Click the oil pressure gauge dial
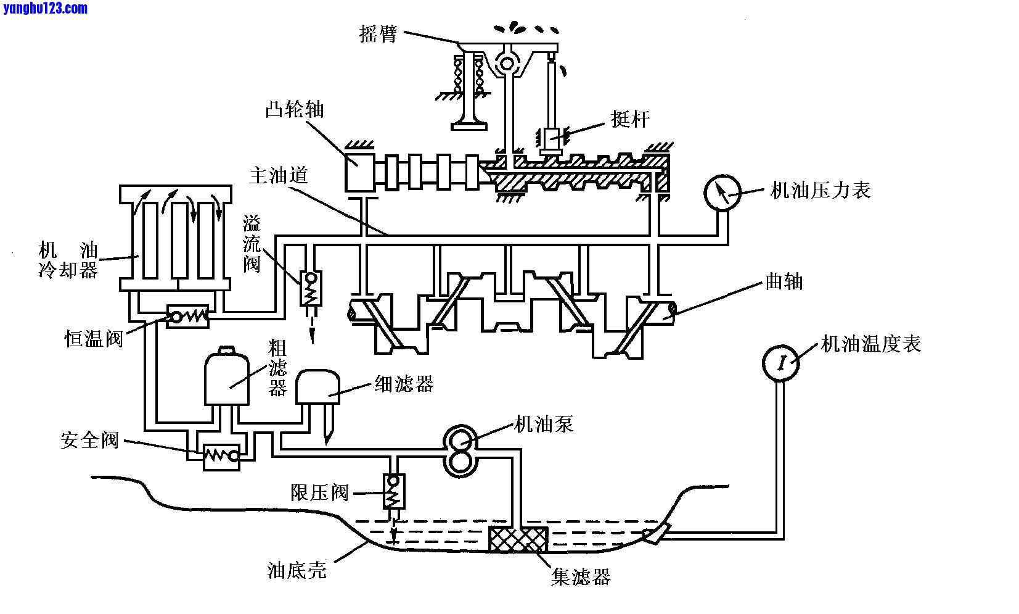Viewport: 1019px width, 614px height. (x=722, y=193)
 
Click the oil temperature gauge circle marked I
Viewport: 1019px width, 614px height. (x=781, y=362)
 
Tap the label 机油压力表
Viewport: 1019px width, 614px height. (x=821, y=190)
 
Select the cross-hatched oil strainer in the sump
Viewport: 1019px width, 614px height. (x=518, y=539)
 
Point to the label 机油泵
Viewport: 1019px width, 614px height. (x=543, y=424)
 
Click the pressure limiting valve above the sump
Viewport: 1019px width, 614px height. (x=392, y=491)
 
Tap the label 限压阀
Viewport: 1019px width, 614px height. (x=319, y=492)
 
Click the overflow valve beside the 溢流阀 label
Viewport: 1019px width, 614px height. (x=308, y=288)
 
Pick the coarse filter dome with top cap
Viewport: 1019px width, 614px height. (x=227, y=378)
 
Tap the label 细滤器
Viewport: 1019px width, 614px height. (x=404, y=384)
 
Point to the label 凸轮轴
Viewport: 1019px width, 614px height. (x=295, y=110)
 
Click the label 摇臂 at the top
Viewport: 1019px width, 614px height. (x=377, y=35)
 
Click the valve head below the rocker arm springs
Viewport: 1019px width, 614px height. (x=469, y=126)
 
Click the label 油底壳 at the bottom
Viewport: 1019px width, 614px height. (x=297, y=570)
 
